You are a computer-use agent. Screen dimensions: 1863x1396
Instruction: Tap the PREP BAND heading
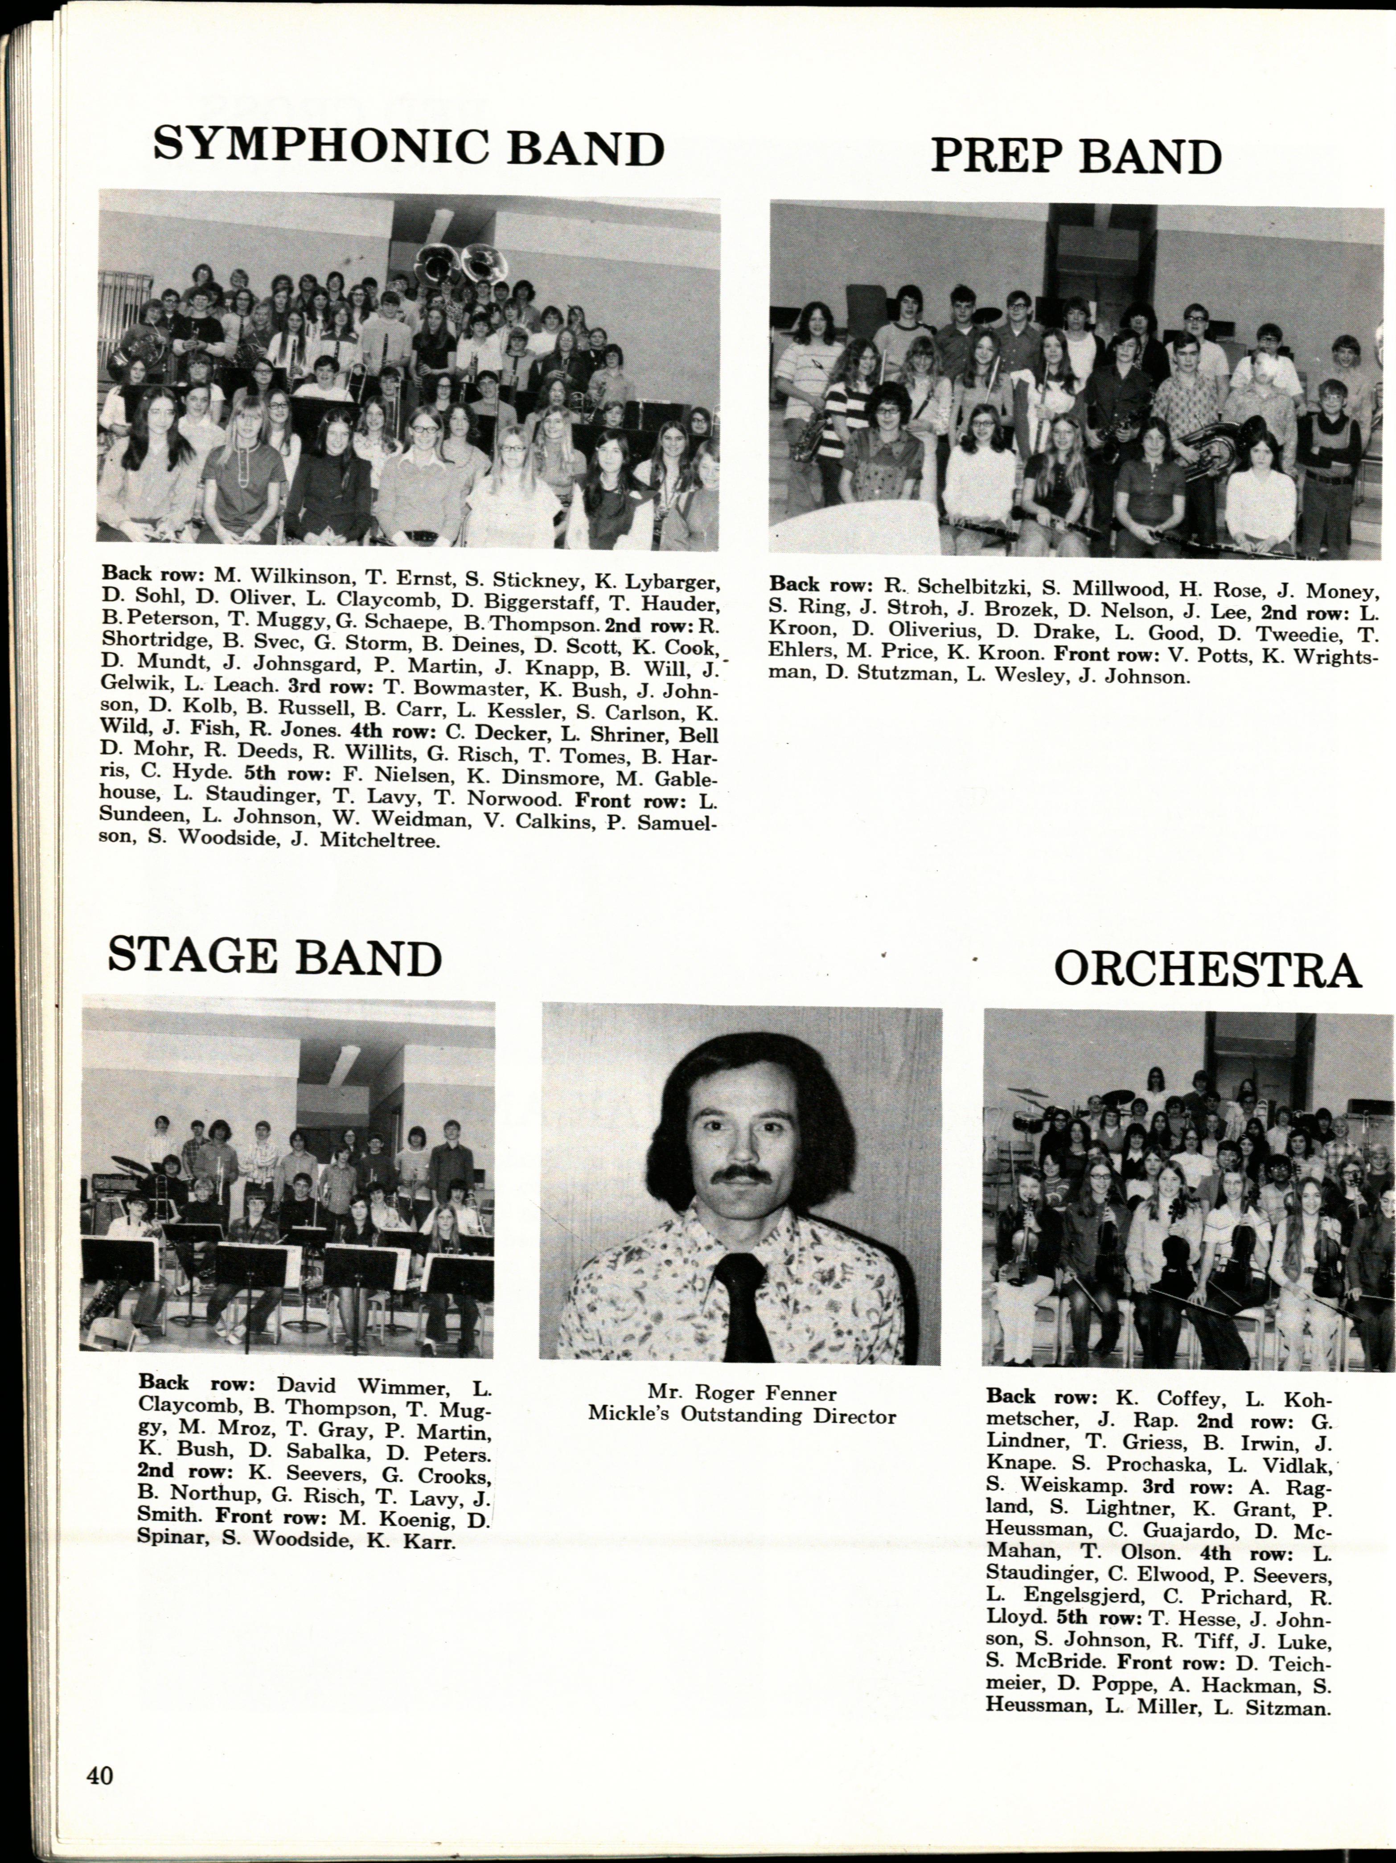pyautogui.click(x=1076, y=156)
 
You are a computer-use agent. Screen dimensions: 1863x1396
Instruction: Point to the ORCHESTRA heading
pyautogui.click(x=1207, y=969)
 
